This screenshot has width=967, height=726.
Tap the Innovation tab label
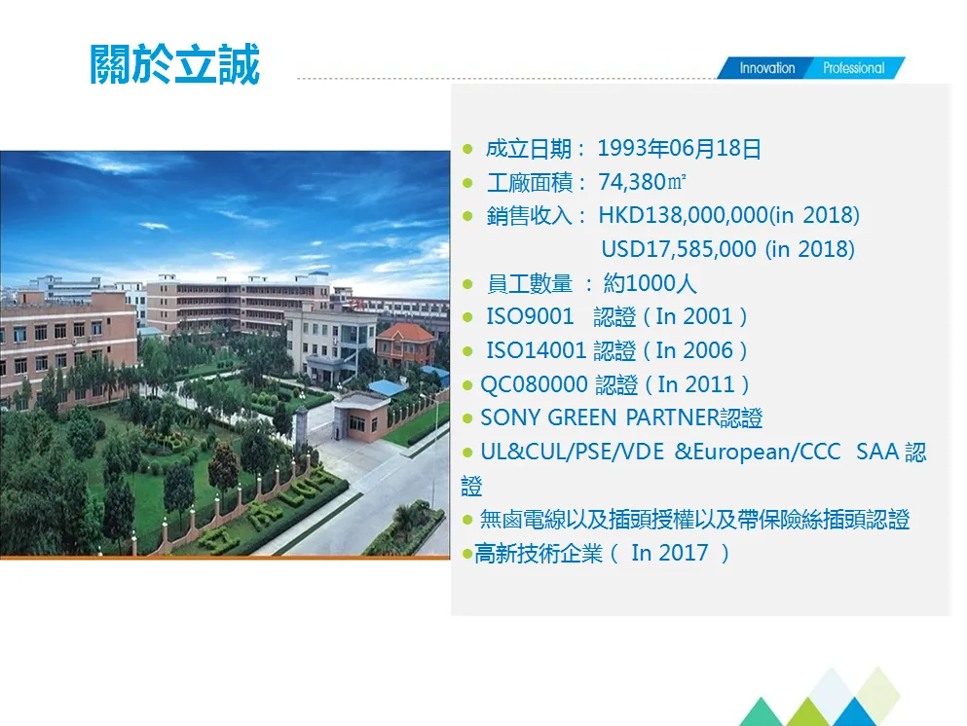click(766, 68)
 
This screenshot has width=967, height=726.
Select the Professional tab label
click(853, 68)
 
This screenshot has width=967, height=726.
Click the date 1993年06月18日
click(679, 149)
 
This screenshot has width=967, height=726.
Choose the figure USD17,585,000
click(679, 249)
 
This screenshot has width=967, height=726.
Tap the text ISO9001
click(530, 316)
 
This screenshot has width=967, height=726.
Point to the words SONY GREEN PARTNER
click(599, 418)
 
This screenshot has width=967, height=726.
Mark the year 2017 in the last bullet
click(683, 553)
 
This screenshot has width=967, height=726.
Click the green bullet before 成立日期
click(467, 150)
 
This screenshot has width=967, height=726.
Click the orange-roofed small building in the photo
click(406, 343)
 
